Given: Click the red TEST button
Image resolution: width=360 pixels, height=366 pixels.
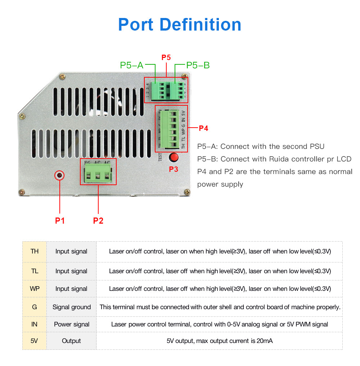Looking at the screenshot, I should (x=174, y=157).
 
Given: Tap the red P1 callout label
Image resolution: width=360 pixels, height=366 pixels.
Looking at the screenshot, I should (x=60, y=220).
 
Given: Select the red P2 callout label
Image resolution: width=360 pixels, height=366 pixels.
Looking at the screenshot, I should (x=98, y=220).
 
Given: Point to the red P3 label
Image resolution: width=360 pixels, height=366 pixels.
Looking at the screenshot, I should (x=174, y=169).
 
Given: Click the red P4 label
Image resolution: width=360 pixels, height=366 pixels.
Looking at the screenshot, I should (x=203, y=128).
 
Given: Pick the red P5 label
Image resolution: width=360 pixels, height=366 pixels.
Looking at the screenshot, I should (x=166, y=58).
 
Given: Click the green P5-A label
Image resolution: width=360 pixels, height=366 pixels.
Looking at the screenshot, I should (x=132, y=65).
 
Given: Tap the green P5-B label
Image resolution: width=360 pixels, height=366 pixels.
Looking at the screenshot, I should (x=198, y=65).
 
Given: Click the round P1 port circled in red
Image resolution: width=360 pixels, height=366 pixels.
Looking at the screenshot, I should (x=59, y=175).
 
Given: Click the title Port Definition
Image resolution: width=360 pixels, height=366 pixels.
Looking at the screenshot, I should (x=180, y=24).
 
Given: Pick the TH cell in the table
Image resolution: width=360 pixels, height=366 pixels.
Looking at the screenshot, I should (x=35, y=251).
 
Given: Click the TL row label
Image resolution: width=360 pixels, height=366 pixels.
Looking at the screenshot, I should (x=35, y=271).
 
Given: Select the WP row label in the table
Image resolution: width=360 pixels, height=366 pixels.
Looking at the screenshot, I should (x=35, y=289).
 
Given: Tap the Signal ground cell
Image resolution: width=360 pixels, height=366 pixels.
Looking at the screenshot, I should (x=72, y=307).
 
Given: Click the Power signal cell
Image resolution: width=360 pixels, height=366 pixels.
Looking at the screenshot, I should (x=72, y=324).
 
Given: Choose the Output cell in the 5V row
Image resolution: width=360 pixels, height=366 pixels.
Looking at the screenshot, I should (x=71, y=341).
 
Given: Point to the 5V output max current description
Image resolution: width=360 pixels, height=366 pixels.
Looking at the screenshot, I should (x=220, y=341).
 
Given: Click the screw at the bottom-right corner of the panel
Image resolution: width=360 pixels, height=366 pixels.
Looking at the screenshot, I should (x=187, y=192).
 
